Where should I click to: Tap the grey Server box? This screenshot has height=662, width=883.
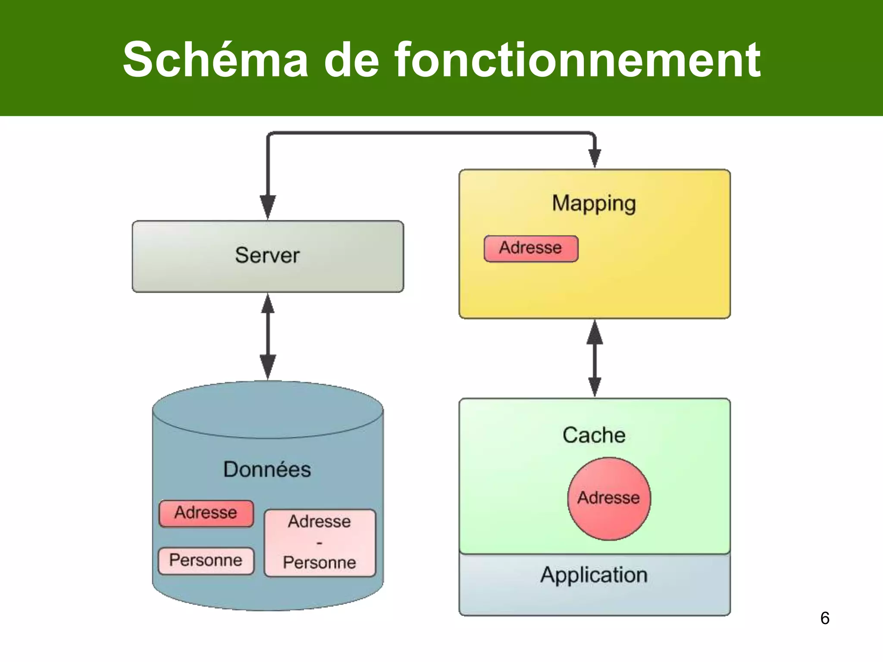click(268, 256)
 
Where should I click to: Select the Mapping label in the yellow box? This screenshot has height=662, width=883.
click(594, 203)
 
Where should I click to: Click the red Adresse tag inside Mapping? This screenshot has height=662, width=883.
click(531, 248)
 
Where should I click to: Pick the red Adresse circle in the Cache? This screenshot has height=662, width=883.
click(609, 498)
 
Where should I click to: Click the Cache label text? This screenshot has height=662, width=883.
click(594, 435)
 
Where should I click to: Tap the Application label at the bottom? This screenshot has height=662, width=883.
click(594, 575)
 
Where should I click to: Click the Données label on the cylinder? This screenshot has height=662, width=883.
click(267, 469)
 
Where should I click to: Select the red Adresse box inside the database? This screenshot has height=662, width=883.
click(206, 513)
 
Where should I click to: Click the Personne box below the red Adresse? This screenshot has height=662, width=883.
click(206, 560)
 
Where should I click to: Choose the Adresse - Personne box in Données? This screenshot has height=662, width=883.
click(319, 543)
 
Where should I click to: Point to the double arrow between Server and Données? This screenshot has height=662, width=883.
click(268, 337)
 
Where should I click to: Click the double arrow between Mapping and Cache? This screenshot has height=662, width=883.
click(595, 359)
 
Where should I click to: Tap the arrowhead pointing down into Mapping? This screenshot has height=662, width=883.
click(595, 158)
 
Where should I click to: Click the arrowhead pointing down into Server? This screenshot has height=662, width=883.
click(268, 206)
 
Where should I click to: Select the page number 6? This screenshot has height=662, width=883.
click(824, 618)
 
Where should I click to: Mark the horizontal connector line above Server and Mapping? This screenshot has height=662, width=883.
click(431, 133)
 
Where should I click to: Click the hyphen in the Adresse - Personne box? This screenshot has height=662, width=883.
click(319, 543)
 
